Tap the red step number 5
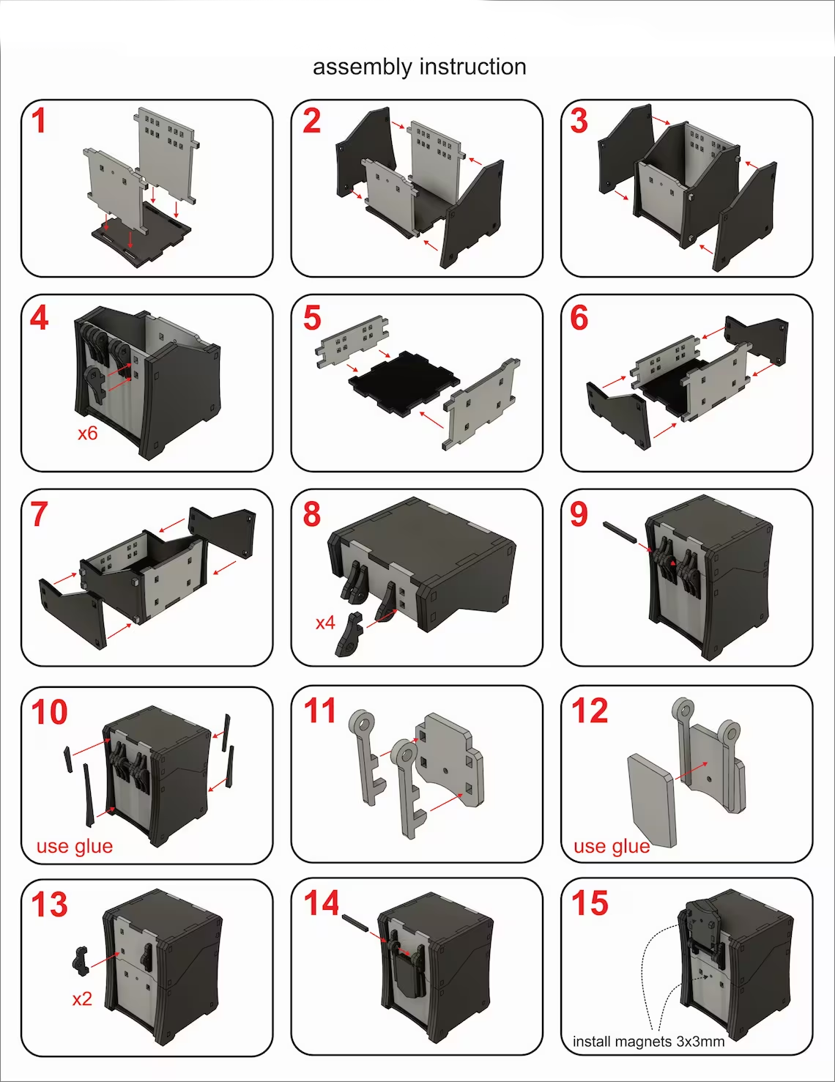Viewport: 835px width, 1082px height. (x=312, y=318)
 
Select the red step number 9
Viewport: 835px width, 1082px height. (x=579, y=514)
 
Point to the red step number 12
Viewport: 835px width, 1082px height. (x=590, y=711)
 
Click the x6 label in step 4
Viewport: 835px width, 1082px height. (x=88, y=433)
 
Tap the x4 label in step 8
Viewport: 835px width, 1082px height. (x=325, y=623)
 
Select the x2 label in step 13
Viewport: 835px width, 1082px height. (x=82, y=998)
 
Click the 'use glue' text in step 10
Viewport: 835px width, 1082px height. (x=75, y=846)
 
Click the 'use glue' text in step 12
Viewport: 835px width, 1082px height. (x=612, y=846)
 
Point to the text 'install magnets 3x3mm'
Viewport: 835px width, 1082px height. (x=648, y=1042)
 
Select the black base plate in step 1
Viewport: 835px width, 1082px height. (x=142, y=234)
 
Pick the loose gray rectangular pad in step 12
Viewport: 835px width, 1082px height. (x=652, y=800)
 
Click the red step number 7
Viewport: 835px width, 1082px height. (x=39, y=514)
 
